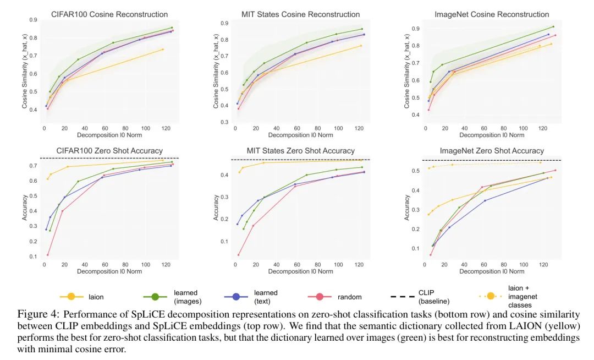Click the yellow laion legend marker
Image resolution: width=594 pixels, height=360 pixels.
72,297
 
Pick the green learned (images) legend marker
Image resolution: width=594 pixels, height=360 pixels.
156,297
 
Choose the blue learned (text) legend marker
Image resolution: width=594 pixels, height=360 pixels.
236,297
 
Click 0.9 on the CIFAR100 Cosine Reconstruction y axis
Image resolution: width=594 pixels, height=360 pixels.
34,20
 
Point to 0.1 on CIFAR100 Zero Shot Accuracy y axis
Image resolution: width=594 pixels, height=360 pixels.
34,257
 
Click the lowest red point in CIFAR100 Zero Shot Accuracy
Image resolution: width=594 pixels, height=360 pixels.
48,255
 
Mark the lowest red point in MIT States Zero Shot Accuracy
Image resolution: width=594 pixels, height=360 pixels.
239,255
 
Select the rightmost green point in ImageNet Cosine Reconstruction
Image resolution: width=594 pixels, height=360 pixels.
553,26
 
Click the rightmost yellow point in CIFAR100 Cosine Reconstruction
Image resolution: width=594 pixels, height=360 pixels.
163,50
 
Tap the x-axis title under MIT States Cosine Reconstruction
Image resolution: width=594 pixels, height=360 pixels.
300,135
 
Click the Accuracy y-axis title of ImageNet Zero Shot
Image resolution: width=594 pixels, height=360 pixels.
408,208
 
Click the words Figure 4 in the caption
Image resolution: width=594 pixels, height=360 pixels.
37,315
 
